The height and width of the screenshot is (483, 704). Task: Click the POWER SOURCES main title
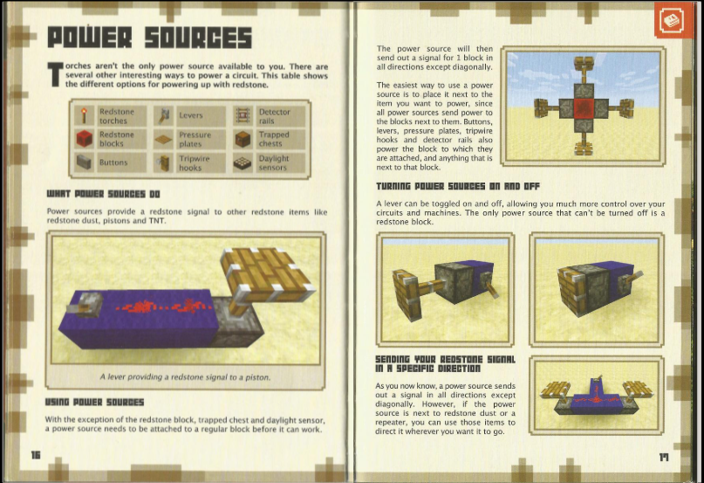tap(149, 38)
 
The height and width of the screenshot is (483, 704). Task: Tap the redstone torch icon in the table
tap(84, 115)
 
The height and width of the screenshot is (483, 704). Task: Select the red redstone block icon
tap(84, 139)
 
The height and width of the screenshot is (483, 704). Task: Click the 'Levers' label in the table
tap(191, 115)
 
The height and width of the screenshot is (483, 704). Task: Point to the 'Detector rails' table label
tap(274, 116)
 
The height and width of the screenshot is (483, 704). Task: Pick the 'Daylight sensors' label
tap(274, 162)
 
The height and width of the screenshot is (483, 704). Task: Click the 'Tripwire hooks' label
tap(195, 162)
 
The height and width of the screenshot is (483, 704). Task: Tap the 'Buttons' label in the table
tap(113, 162)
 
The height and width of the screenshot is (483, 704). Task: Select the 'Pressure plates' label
tap(195, 139)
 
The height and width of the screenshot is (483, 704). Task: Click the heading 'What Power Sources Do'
tap(103, 194)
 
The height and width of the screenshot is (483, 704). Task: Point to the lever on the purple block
tap(83, 304)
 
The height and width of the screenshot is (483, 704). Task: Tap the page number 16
tap(36, 455)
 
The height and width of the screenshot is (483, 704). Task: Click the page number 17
tap(664, 458)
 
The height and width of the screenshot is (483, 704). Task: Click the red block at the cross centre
tap(584, 108)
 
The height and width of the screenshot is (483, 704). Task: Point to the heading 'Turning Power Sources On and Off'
tap(458, 186)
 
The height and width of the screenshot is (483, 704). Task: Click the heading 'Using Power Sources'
tap(94, 402)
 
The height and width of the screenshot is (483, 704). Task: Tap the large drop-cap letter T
tap(55, 74)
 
